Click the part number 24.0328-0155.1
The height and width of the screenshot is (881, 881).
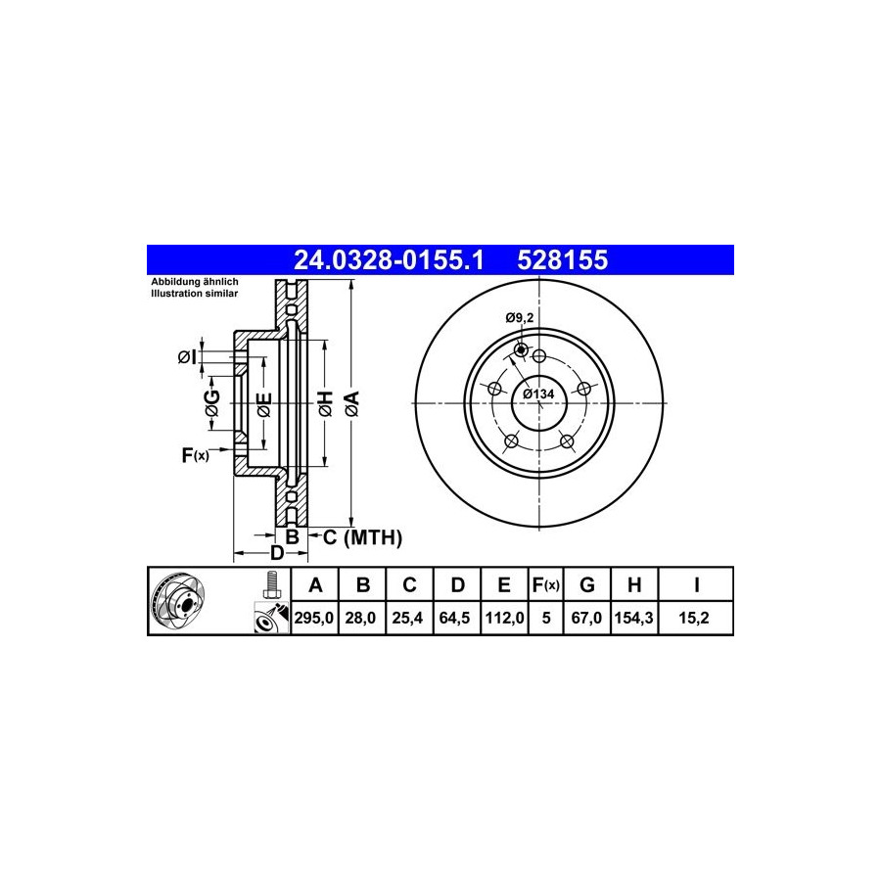[x=389, y=260]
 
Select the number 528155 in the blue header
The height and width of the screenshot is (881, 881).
[x=563, y=260]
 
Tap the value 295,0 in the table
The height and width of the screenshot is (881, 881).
[x=314, y=618]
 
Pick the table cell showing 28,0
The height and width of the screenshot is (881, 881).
[x=360, y=618]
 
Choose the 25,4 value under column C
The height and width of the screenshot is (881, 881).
[x=407, y=618]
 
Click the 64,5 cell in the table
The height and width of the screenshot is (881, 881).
[x=454, y=618]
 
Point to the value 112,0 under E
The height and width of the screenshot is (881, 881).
[x=504, y=618]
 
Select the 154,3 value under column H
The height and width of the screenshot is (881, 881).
[x=633, y=618]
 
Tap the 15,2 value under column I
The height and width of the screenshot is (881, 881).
[x=694, y=618]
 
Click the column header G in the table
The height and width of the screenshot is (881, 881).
[x=586, y=585]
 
